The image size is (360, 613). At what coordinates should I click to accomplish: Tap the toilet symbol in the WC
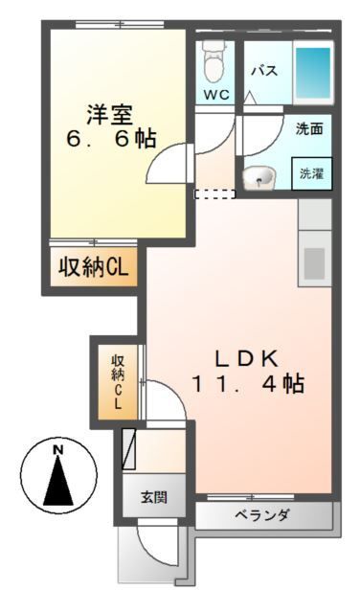pos(214,63)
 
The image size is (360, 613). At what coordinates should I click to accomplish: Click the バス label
pos(264,71)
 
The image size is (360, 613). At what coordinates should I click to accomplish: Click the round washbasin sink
pos(259,177)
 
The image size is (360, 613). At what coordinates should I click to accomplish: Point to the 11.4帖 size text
pos(248,384)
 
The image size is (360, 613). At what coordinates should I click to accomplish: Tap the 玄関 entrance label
pos(153,497)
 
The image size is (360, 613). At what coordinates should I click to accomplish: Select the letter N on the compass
pos(58,449)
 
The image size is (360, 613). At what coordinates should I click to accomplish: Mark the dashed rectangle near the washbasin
pos(214,194)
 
